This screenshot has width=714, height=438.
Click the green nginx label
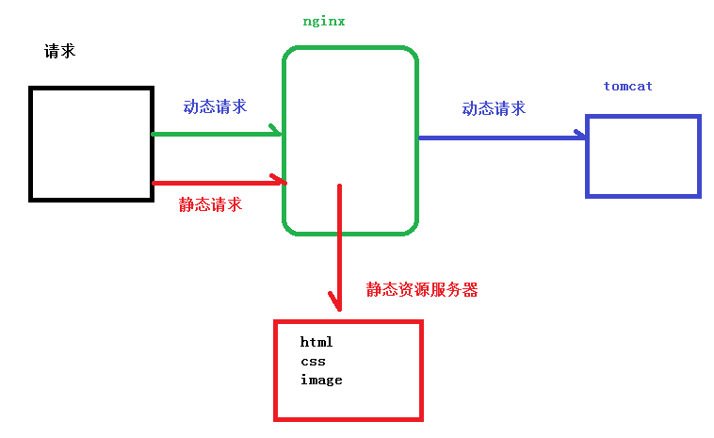323,21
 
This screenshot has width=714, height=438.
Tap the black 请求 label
59,51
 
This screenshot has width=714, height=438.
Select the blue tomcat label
627,86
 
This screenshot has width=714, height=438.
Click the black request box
91,143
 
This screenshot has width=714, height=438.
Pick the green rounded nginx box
349,94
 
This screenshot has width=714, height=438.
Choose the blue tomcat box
643,155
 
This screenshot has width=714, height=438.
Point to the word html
316,342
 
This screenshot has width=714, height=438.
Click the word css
313,361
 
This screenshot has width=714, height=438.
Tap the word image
321,380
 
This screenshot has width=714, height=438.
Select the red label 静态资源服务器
422,290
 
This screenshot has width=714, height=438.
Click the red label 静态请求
210,203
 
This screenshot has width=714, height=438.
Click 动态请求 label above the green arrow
215,106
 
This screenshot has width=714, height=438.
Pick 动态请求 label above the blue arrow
494,108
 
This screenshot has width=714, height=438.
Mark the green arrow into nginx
217,134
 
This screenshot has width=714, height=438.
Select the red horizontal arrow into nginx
217,182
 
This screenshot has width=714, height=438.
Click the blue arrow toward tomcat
499,138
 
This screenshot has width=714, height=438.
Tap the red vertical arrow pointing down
339,245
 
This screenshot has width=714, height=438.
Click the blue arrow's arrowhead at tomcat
579,137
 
